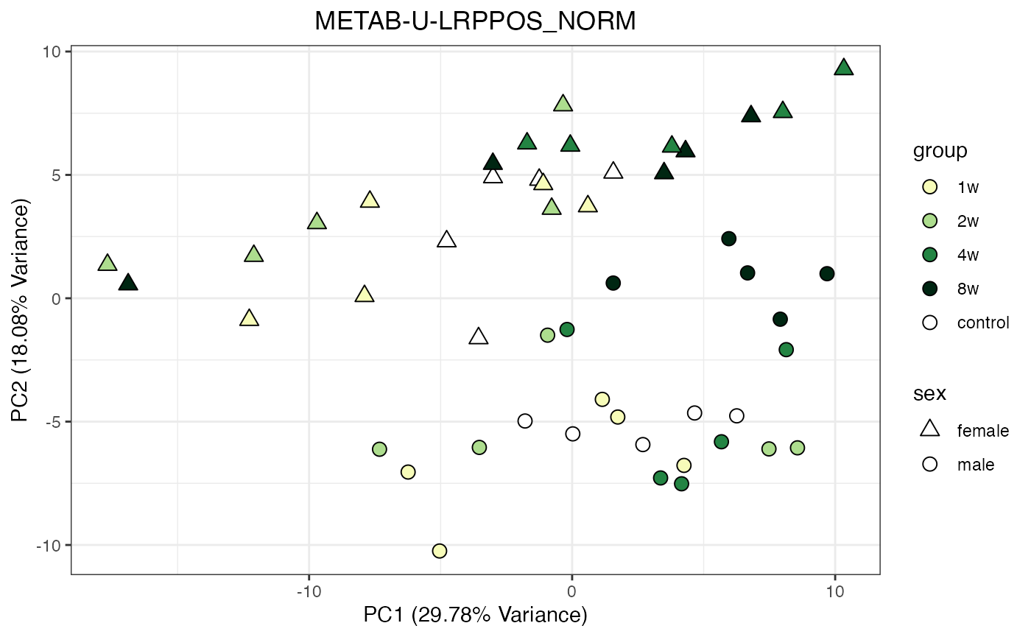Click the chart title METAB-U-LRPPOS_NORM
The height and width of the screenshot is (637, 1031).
pyautogui.click(x=475, y=22)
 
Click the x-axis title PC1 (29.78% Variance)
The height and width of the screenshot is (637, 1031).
pyautogui.click(x=475, y=615)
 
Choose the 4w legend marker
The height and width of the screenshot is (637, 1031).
pyautogui.click(x=929, y=255)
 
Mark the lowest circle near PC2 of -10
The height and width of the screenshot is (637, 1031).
pyautogui.click(x=440, y=551)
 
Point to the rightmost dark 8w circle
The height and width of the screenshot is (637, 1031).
pyautogui.click(x=827, y=273)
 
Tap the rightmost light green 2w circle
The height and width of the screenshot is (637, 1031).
pyautogui.click(x=797, y=448)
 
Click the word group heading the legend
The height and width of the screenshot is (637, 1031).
pyautogui.click(x=940, y=151)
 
